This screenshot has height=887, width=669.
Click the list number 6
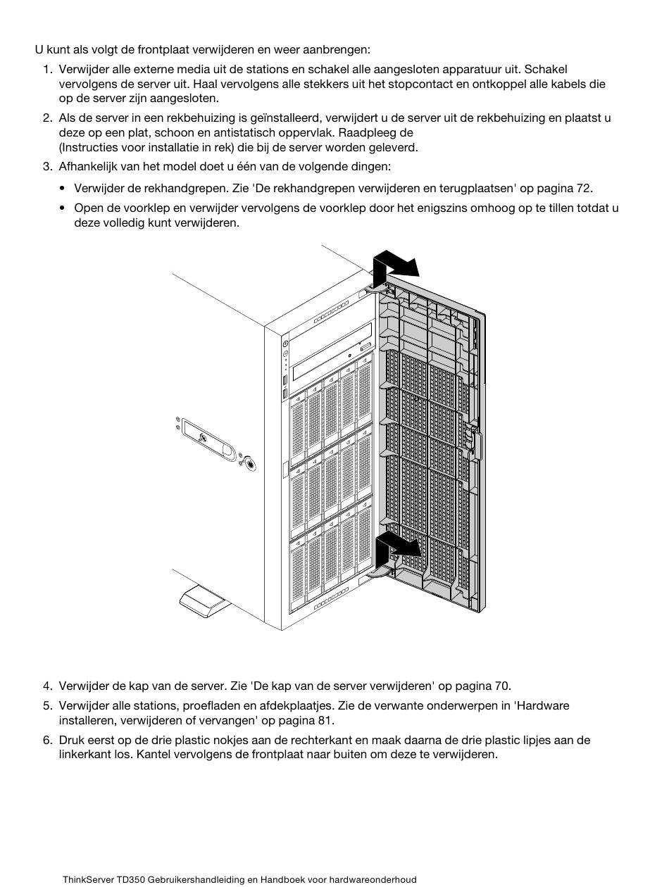47,740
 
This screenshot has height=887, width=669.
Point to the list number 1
47,69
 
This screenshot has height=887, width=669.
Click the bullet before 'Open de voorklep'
62,208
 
